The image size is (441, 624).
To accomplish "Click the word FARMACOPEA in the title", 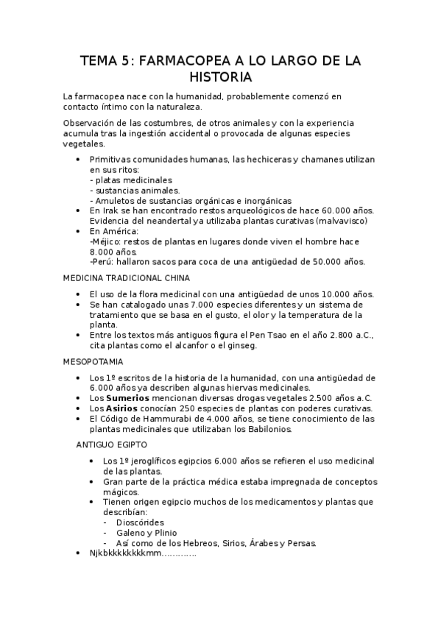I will click(167, 60).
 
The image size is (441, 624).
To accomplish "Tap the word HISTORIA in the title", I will click(220, 77).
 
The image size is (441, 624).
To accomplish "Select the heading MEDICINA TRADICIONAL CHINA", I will click(127, 277).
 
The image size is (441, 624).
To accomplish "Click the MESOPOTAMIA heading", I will click(94, 362).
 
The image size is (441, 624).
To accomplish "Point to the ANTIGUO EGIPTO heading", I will click(111, 444).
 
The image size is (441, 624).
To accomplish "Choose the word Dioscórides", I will click(143, 522).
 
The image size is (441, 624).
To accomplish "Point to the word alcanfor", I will click(186, 346).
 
